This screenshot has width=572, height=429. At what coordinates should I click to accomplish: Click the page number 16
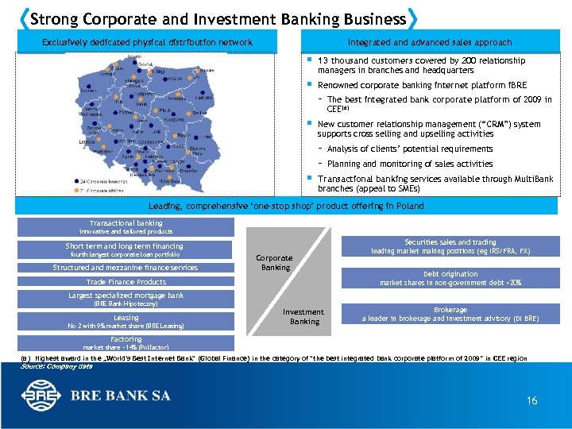coord(531,400)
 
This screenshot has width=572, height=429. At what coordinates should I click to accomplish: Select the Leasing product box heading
coord(126,317)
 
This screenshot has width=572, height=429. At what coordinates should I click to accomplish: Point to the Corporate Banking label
coord(274,262)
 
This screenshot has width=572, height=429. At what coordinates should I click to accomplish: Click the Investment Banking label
coord(303,316)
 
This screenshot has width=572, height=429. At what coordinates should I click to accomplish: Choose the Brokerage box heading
coord(450,309)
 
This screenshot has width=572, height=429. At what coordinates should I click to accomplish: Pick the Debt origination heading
coord(450,273)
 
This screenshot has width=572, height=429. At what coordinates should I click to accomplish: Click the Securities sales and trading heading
coord(450,242)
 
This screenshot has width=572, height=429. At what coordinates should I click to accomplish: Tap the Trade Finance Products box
coord(126,282)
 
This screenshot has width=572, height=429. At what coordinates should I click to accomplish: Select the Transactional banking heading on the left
coord(126,223)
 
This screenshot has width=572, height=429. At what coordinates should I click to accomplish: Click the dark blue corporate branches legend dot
coord(75,180)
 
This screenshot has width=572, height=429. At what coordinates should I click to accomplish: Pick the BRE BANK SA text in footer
coord(118,395)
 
